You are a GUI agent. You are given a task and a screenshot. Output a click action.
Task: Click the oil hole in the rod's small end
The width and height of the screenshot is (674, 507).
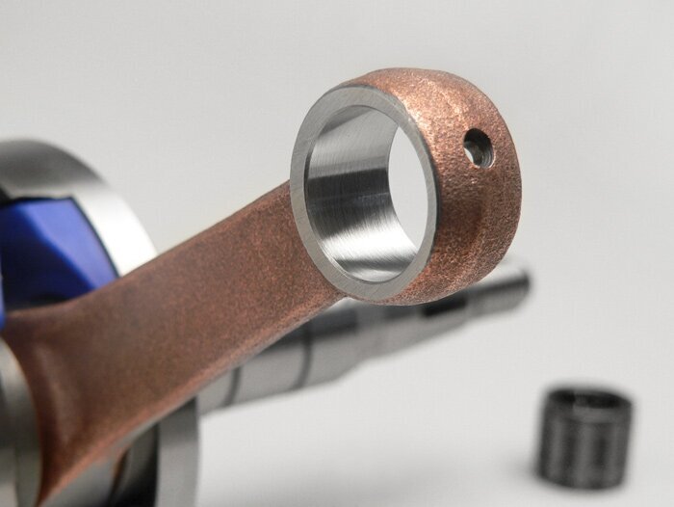[x=478, y=147]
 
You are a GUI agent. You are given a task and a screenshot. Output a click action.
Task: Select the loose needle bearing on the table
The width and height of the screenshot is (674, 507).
[x=584, y=437]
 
